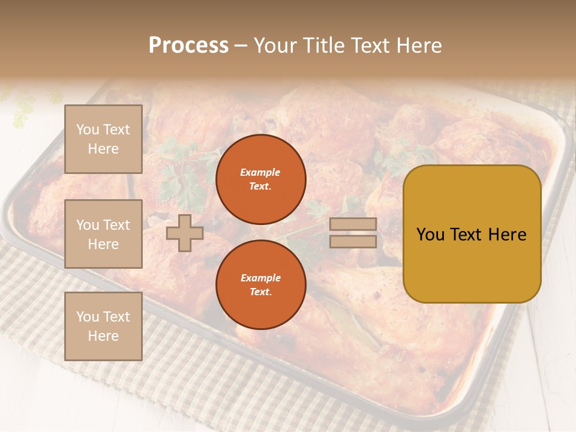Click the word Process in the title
(x=188, y=46)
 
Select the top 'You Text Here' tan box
(x=103, y=139)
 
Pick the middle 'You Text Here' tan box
(x=103, y=234)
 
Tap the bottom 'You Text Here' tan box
(x=103, y=326)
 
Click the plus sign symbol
(x=185, y=233)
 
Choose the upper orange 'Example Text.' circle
(x=260, y=179)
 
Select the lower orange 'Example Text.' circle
(x=260, y=285)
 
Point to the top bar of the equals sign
(x=353, y=224)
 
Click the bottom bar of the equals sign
(x=353, y=241)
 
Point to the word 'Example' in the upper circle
(x=260, y=173)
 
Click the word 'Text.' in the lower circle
(x=260, y=292)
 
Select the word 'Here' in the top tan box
(x=103, y=149)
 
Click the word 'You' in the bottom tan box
(x=88, y=317)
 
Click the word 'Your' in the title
(x=277, y=46)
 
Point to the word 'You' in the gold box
(x=431, y=235)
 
